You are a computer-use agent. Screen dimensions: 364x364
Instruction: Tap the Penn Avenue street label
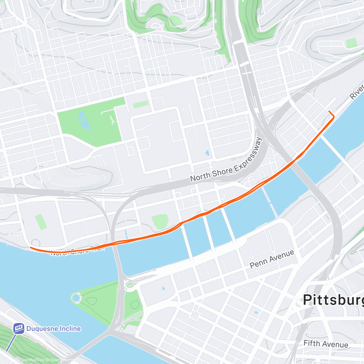(x=272, y=259)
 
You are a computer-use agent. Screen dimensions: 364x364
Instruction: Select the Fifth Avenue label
(x=325, y=344)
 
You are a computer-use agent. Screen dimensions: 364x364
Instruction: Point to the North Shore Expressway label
(x=226, y=160)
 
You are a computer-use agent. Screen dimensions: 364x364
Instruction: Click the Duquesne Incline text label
(x=53, y=329)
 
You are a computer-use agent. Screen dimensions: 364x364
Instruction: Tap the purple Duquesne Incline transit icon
(x=19, y=328)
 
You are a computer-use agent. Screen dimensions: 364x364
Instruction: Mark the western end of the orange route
(x=31, y=248)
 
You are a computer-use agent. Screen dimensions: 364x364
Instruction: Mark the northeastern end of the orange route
(x=329, y=112)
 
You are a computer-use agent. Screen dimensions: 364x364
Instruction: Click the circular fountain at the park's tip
(x=76, y=298)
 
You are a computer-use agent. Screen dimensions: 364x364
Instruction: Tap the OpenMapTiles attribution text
(x=29, y=360)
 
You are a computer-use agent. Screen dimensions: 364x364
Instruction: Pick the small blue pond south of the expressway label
(x=207, y=153)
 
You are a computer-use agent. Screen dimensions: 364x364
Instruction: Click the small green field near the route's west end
(x=40, y=221)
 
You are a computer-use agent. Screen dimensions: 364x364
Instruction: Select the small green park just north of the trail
(x=160, y=221)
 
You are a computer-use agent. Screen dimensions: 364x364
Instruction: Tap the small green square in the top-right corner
(x=351, y=43)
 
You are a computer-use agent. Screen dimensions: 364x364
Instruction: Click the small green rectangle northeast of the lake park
(x=141, y=104)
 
